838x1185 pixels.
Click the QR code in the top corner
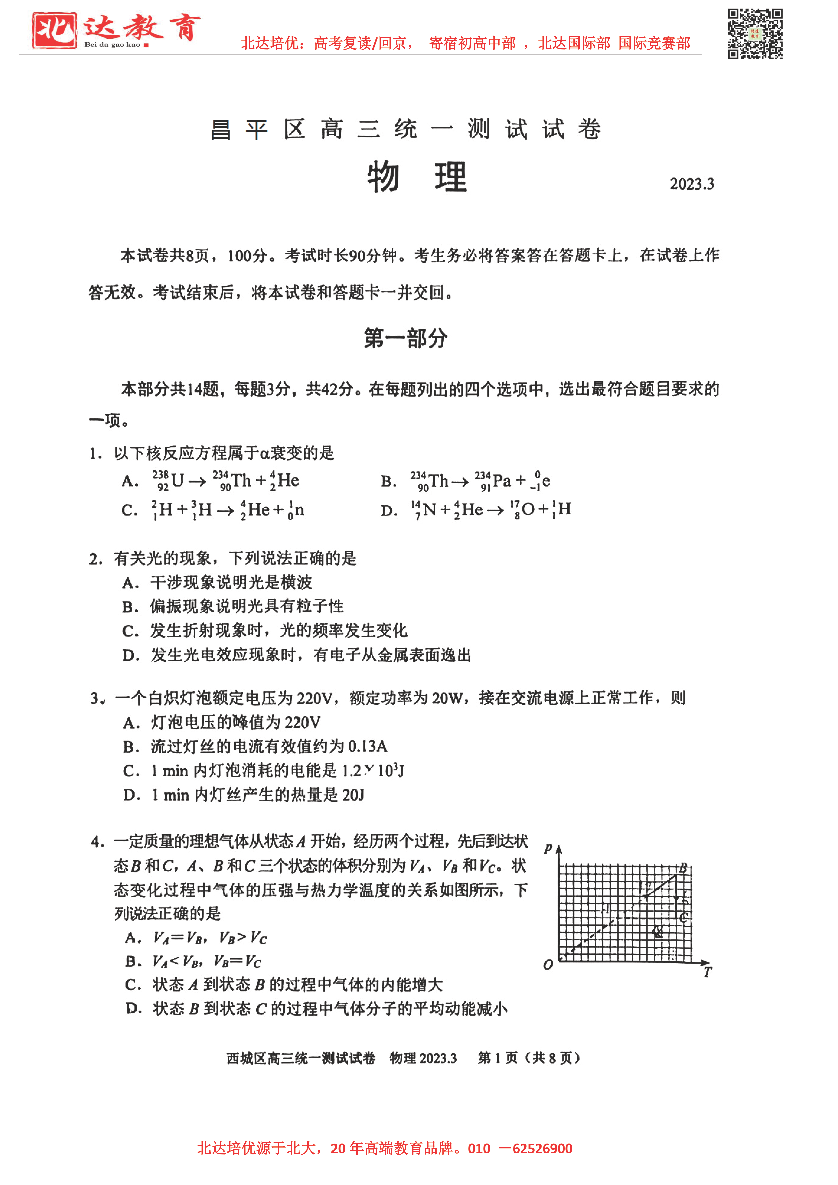pyautogui.click(x=755, y=34)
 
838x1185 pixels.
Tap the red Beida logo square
pyautogui.click(x=54, y=30)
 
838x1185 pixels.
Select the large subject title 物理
pyautogui.click(x=417, y=177)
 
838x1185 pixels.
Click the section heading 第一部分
pyautogui.click(x=405, y=338)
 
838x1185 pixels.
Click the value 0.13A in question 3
pyautogui.click(x=368, y=746)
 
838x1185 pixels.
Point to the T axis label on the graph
pyautogui.click(x=707, y=972)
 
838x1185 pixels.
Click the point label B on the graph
pyautogui.click(x=683, y=867)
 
